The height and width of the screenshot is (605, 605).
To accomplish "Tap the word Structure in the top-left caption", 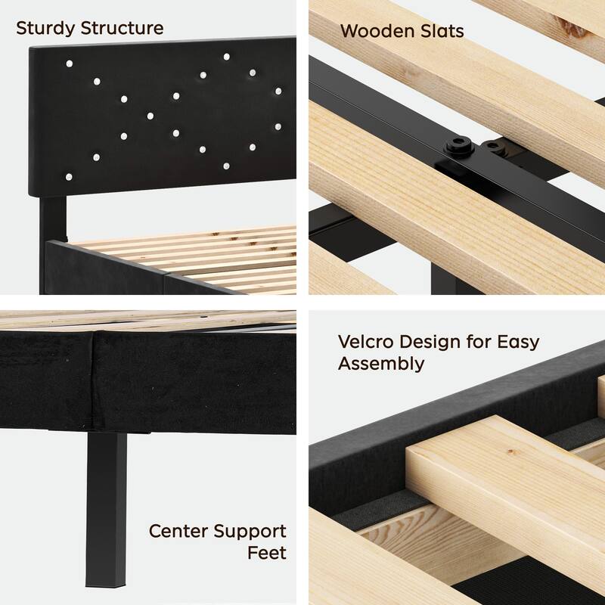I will [121, 29].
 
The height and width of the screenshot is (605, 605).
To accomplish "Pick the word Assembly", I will [381, 364].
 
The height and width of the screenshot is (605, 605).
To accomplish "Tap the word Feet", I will [268, 553].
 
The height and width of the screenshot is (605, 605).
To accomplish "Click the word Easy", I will [518, 342].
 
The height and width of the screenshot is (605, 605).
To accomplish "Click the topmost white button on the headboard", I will [226, 56].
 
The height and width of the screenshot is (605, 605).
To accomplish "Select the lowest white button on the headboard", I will [69, 175].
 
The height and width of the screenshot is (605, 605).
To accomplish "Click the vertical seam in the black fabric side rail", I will [93, 386].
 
